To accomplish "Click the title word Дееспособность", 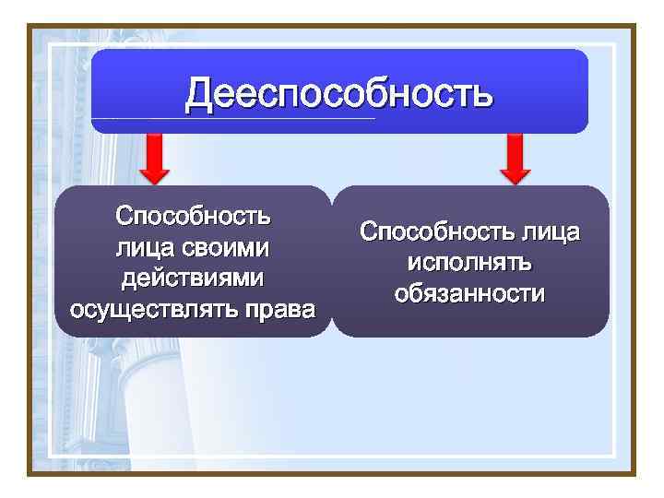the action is point(338,94).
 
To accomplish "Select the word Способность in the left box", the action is point(193,217).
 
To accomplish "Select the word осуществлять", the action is point(152,307).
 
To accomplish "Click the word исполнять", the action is point(469,263).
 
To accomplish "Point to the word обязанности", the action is point(469,293).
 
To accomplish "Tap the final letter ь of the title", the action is point(481,94).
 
